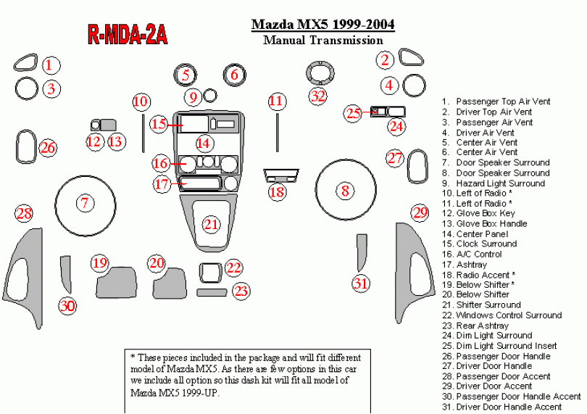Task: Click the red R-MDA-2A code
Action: (x=128, y=33)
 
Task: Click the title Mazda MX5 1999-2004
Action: (x=322, y=25)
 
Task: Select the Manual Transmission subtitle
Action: (x=322, y=41)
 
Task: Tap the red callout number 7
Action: (x=85, y=203)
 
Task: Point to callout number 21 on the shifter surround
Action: (x=211, y=225)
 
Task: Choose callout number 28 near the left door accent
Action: (x=24, y=213)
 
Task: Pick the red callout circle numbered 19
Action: (x=99, y=262)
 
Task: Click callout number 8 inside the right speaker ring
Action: (x=346, y=191)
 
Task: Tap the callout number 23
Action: (x=241, y=291)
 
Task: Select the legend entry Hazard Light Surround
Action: (x=500, y=183)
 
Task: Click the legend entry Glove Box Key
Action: (x=486, y=214)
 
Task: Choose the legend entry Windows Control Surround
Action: (x=508, y=315)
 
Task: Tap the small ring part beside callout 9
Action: (x=210, y=94)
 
